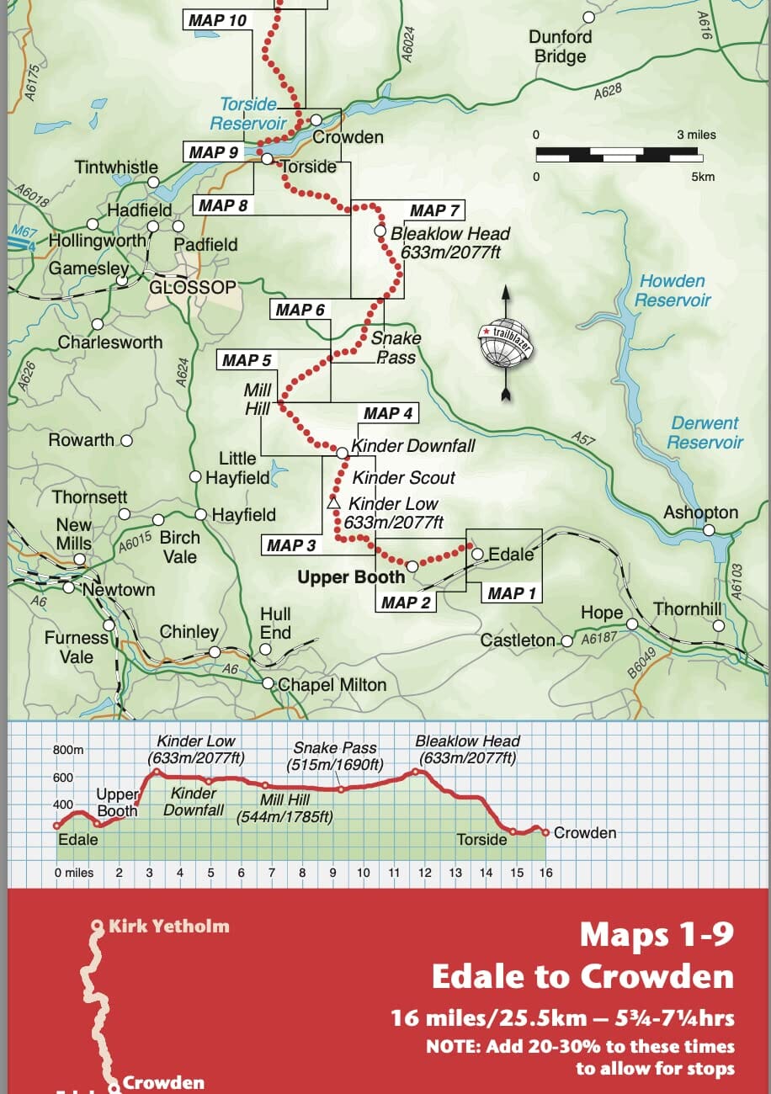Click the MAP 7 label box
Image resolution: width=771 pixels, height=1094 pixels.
coord(434,210)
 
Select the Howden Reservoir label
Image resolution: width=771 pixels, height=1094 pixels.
coord(673,291)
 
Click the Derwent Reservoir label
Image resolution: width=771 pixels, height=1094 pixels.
coord(706,433)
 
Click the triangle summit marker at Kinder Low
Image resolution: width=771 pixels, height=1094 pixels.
coord(333,503)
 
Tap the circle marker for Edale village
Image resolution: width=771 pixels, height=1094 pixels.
coord(478,554)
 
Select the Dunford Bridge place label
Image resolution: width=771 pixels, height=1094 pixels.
coord(560,47)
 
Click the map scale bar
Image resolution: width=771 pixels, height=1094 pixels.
coord(617,154)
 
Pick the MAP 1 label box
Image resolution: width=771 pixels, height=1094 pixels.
coord(511,593)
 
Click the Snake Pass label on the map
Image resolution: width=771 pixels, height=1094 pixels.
coord(396,347)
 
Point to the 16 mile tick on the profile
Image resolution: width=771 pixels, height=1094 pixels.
coord(545,873)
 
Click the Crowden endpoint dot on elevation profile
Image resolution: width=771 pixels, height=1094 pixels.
coord(545,832)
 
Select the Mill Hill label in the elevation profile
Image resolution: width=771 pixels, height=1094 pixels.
coord(284,808)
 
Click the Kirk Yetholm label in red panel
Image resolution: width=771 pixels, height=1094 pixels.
coord(168,927)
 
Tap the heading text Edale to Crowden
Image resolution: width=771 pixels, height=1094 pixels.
coord(582,976)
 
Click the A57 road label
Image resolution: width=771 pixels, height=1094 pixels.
coord(582,438)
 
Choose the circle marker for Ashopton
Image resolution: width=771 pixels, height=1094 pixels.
coord(709,529)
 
